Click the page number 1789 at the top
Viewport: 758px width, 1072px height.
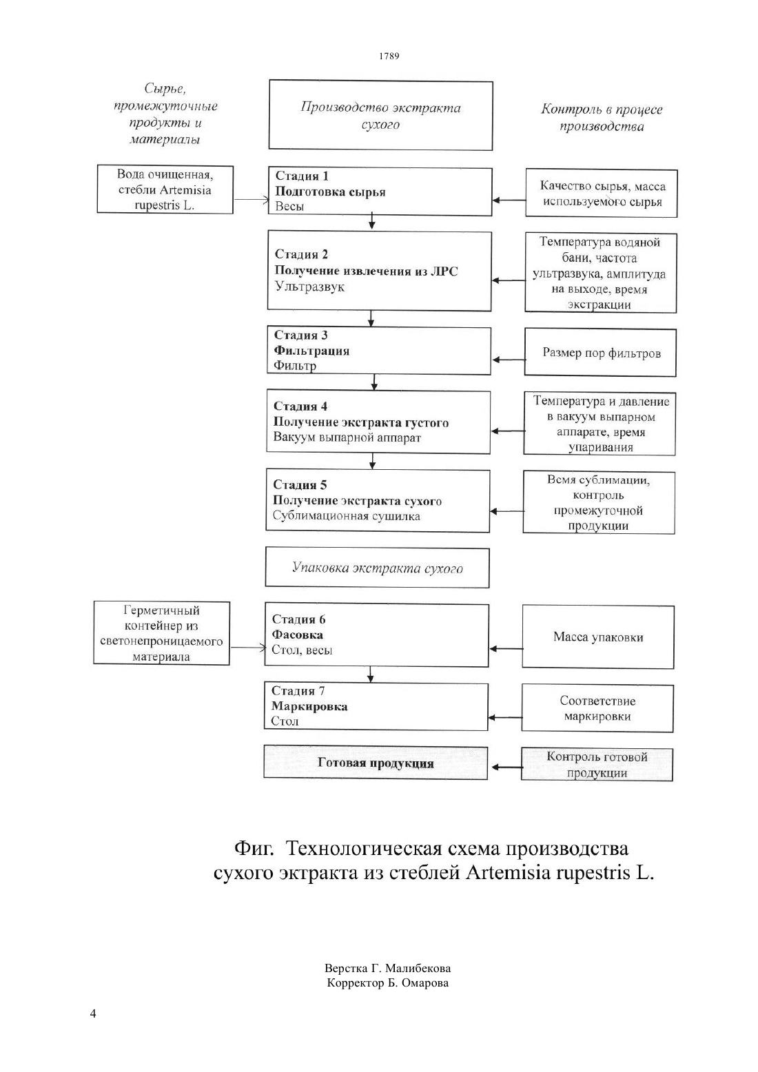389,56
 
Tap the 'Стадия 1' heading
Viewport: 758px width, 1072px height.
302,176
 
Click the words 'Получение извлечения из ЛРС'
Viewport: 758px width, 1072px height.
366,271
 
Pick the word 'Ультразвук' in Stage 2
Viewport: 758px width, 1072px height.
309,287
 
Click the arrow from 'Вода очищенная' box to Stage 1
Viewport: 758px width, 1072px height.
252,200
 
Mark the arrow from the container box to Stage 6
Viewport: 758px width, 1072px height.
247,648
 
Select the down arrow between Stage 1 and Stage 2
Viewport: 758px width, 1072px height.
372,223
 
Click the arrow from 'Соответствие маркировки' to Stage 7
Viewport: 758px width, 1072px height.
504,717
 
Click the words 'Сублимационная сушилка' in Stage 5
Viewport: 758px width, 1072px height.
347,516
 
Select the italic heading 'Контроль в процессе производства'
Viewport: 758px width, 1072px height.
602,118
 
